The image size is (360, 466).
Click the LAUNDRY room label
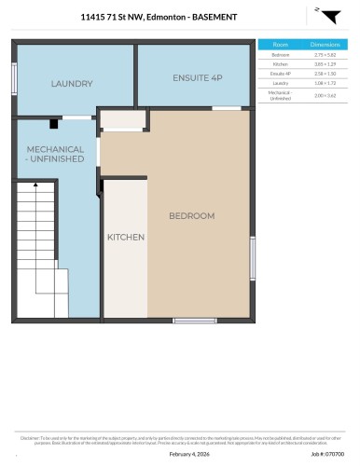(x=72, y=83)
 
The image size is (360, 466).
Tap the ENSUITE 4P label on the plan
(x=196, y=77)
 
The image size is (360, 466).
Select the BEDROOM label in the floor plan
(x=191, y=215)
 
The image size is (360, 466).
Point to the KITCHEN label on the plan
(x=126, y=237)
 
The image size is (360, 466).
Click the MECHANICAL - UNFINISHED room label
(x=55, y=154)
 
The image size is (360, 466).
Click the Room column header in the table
(x=280, y=44)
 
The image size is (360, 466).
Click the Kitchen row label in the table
(x=280, y=63)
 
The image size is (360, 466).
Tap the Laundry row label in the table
(x=280, y=82)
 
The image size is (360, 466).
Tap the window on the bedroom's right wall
(x=252, y=257)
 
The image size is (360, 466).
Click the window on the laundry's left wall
(x=13, y=75)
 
